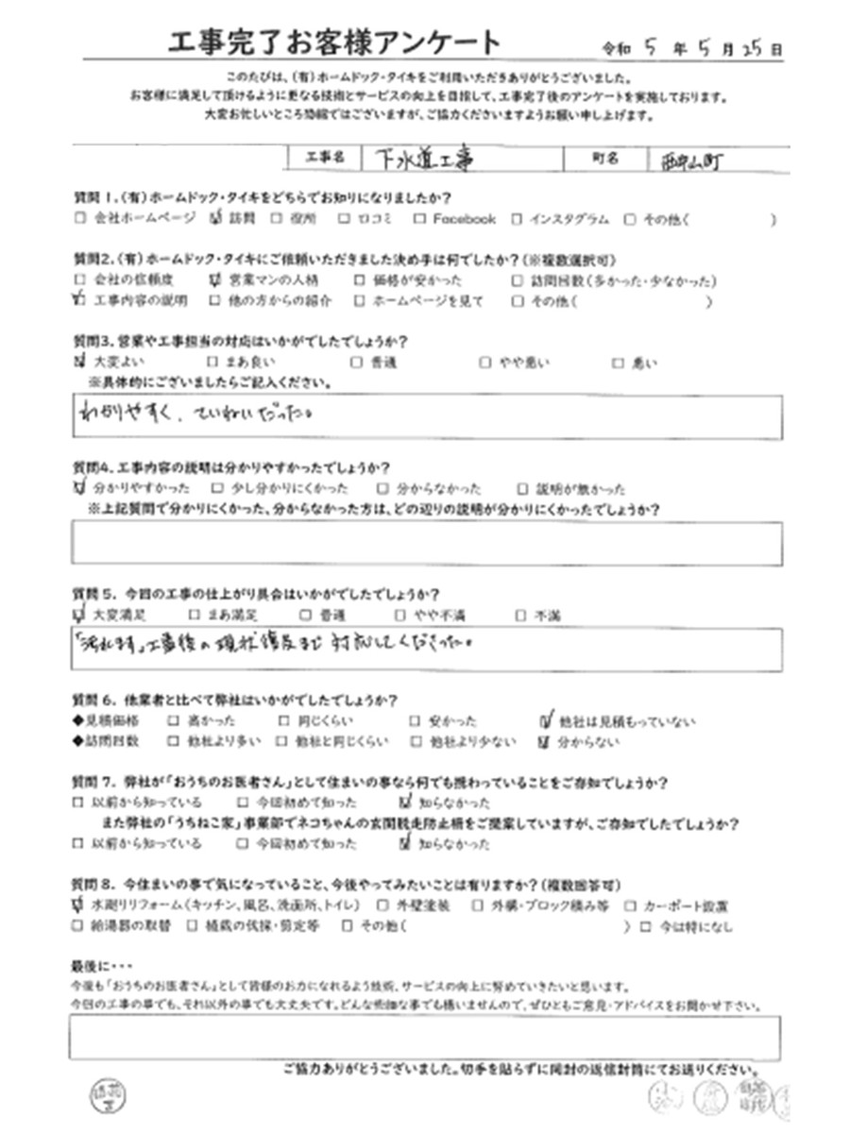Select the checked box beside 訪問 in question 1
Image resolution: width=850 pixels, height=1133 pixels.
(212, 219)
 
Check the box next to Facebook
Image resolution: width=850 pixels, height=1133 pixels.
(419, 219)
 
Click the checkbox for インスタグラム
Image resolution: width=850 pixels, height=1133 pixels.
(518, 219)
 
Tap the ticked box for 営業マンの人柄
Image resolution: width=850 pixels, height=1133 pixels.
(212, 281)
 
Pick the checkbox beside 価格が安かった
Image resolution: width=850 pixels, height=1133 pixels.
(359, 281)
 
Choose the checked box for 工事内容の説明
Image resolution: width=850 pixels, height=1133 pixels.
(77, 302)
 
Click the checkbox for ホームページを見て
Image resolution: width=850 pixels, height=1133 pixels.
(359, 302)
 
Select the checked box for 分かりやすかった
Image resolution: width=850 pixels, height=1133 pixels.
(77, 489)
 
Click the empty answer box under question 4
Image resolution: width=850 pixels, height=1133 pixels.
(425, 543)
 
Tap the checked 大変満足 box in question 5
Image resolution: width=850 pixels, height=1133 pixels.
(77, 616)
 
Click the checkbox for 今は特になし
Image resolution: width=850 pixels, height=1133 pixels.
(645, 926)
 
